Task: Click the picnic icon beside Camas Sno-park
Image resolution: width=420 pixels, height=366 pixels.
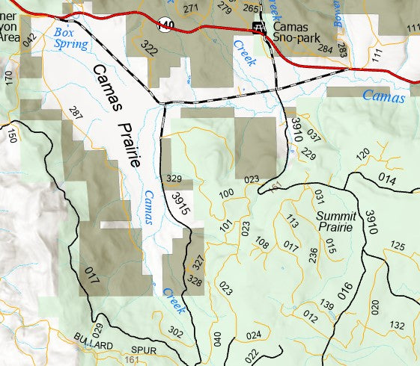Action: (259, 28)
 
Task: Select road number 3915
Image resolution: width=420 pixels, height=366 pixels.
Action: (180, 205)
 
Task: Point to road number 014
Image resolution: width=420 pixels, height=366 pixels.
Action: (386, 179)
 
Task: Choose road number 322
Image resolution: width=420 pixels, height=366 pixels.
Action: (149, 50)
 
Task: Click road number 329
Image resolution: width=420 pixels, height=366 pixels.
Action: (174, 179)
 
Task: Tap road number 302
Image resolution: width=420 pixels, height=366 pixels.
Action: (176, 332)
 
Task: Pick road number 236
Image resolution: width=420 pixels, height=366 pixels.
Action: (314, 255)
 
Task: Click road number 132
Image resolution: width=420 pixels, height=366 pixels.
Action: (397, 325)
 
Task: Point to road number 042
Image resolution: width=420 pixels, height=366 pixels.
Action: (29, 41)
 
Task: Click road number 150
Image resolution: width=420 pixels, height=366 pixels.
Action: (11, 136)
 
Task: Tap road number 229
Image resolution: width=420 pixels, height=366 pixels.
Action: (308, 155)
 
